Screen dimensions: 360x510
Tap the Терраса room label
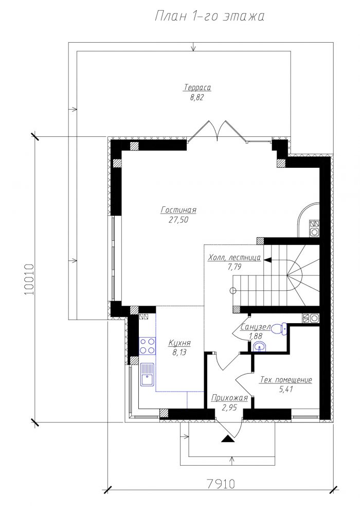197,88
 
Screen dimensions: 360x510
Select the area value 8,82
197,98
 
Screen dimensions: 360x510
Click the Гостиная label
178,210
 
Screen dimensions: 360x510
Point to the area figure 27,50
178,220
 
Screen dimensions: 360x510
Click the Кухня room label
179,343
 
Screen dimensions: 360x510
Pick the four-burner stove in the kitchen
147,346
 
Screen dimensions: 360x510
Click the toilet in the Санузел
280,328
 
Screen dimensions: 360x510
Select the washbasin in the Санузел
260,347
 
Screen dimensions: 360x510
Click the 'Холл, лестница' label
234,258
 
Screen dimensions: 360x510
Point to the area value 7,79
235,268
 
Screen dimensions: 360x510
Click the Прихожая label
229,398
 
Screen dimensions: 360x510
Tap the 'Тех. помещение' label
286,380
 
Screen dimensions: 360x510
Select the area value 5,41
286,390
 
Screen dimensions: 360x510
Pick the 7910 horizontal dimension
221,484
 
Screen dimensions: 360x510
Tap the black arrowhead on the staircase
268,260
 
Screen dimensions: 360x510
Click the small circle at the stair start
232,290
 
